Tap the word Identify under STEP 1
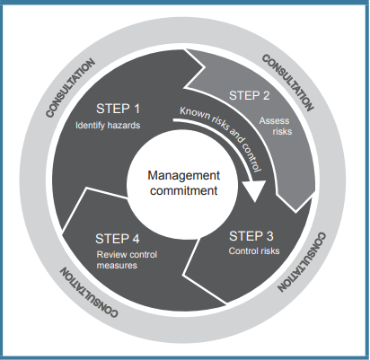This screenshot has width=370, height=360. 91,125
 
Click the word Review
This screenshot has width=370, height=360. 109,254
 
